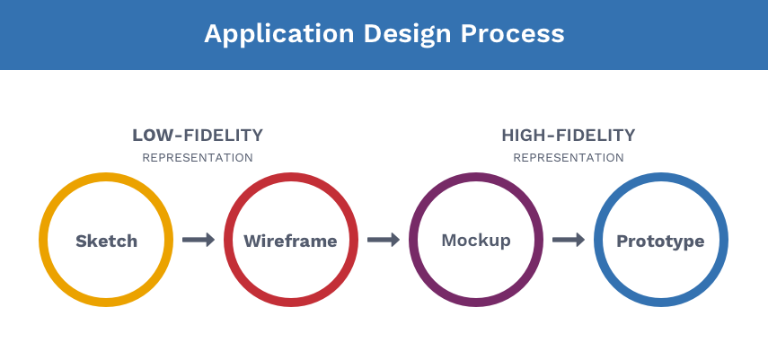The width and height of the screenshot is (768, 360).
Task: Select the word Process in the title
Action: pyautogui.click(x=513, y=34)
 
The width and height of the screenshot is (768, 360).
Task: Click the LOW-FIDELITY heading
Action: pyautogui.click(x=198, y=136)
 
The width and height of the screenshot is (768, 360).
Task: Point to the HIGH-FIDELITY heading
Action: pyautogui.click(x=569, y=136)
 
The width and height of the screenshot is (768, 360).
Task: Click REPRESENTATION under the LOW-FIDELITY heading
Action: pyautogui.click(x=198, y=158)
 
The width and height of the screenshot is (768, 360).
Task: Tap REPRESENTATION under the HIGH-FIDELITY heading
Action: pyautogui.click(x=569, y=158)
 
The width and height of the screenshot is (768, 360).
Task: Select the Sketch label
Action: pyautogui.click(x=106, y=241)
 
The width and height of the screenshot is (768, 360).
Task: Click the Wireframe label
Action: pyautogui.click(x=290, y=241)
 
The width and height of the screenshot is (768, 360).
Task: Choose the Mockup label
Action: pyautogui.click(x=476, y=241)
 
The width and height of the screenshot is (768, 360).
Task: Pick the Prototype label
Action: pyautogui.click(x=660, y=241)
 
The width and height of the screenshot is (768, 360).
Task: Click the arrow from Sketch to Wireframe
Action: pyautogui.click(x=199, y=240)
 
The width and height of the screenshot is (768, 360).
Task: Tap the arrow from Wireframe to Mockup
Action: pyautogui.click(x=384, y=240)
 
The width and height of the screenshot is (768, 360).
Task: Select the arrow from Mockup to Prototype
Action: pyautogui.click(x=569, y=240)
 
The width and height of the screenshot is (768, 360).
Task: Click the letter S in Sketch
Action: pyautogui.click(x=81, y=241)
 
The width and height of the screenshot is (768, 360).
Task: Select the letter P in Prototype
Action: pyautogui.click(x=622, y=241)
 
